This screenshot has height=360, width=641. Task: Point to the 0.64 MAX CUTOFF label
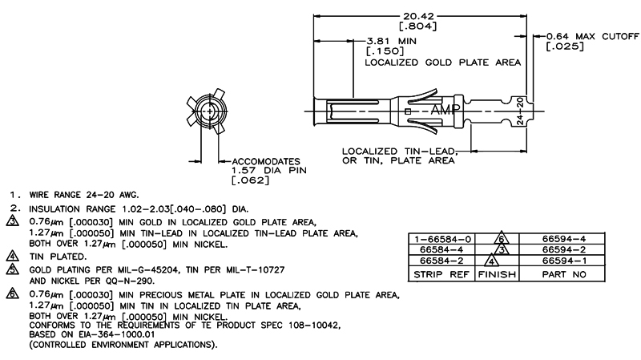(593, 36)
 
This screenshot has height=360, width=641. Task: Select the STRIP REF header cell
(441, 274)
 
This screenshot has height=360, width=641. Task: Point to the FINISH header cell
(498, 274)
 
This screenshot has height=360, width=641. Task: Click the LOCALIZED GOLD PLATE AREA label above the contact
(443, 62)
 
